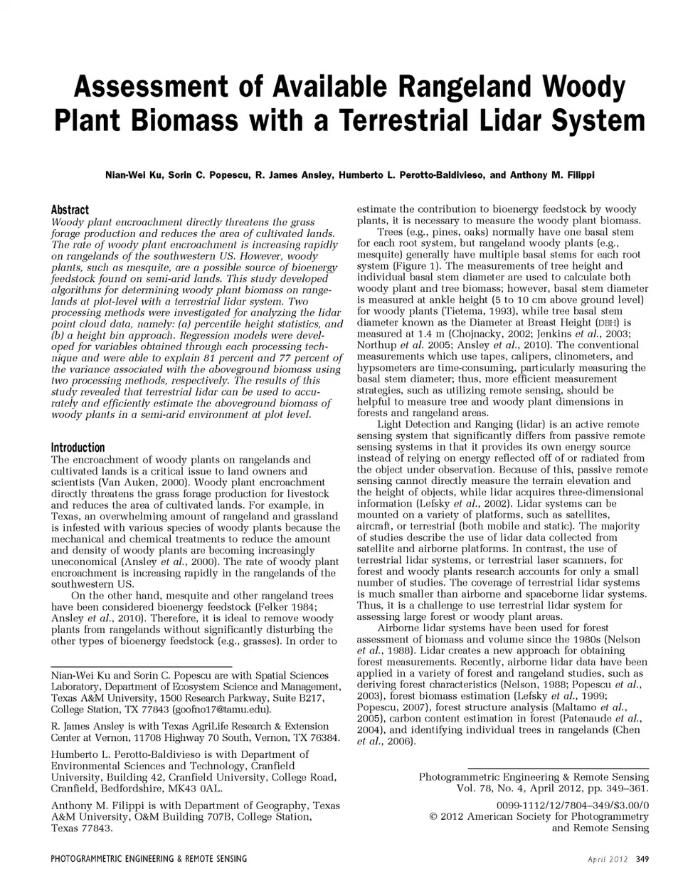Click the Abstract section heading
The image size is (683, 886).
(70, 209)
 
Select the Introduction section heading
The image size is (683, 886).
(78, 448)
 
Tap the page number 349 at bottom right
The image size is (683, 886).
(642, 859)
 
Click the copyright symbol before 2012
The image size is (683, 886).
(433, 816)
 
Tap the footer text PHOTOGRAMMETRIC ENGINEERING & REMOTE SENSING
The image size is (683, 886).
(149, 859)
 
